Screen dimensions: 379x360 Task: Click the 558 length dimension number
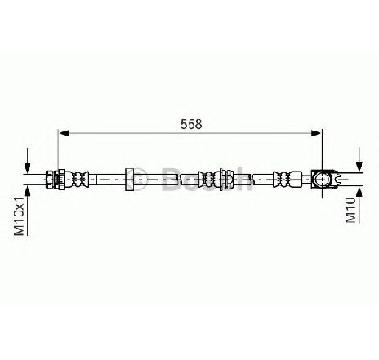(x=191, y=124)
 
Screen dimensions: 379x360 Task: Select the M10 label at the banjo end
(x=351, y=210)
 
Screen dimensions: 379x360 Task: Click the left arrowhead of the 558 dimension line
(x=65, y=133)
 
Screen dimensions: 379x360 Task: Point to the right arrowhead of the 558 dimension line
(x=316, y=133)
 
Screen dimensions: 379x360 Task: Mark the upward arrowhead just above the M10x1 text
(x=27, y=191)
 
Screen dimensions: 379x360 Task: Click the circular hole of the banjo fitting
(x=322, y=180)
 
